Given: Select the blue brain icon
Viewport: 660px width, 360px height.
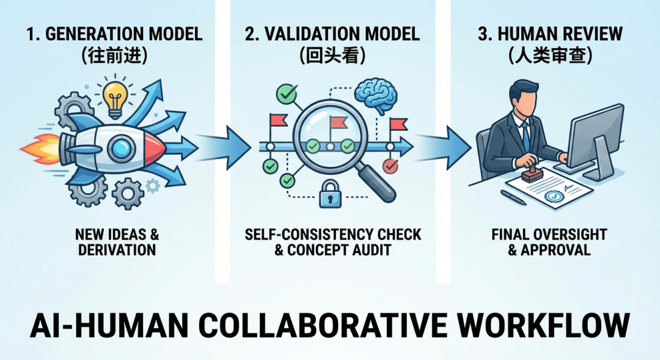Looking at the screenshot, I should (377, 95).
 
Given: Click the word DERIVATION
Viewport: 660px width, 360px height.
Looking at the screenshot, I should (117, 250).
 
